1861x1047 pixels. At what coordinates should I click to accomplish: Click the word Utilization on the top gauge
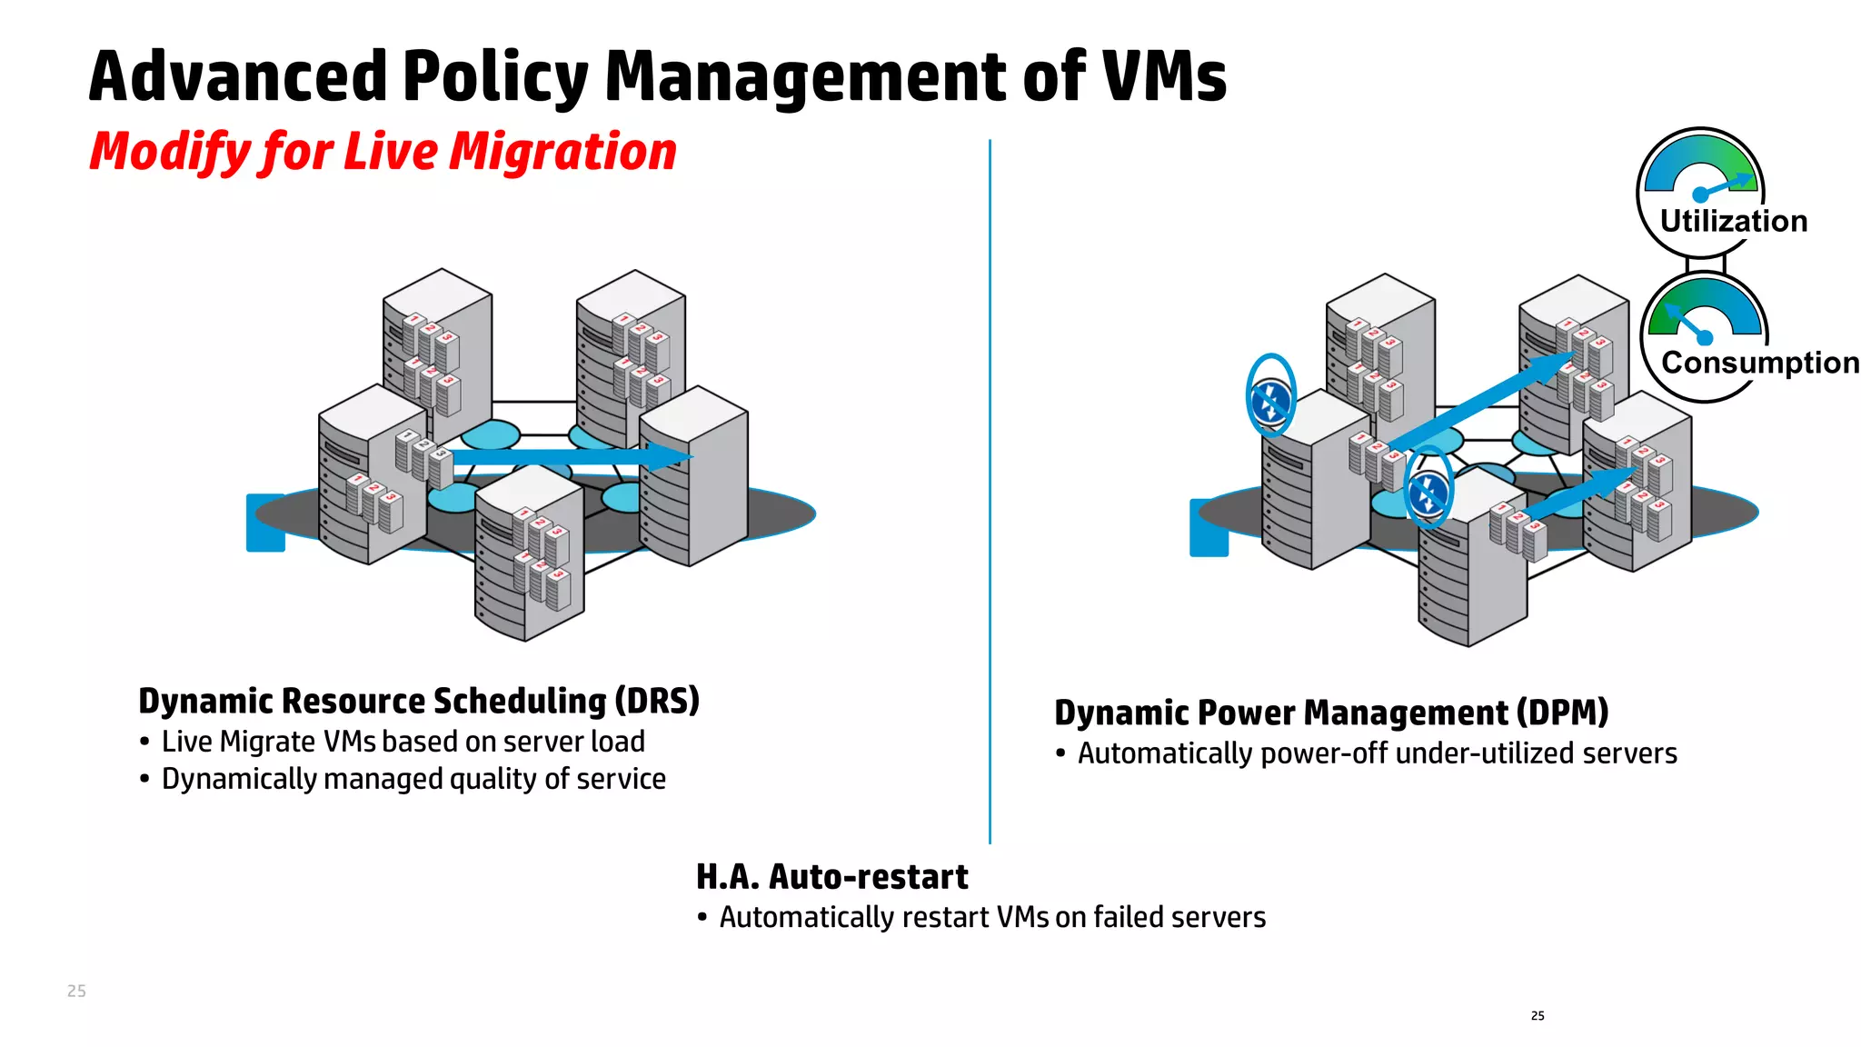[x=1733, y=221]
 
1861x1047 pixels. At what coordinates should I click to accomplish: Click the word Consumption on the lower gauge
[x=1759, y=363]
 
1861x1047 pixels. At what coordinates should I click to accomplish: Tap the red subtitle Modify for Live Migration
[x=383, y=151]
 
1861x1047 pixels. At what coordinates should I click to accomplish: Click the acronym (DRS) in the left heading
[x=657, y=701]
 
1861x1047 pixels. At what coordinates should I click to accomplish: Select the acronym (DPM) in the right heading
[x=1563, y=713]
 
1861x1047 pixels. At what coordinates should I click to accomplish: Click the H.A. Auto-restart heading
[x=831, y=877]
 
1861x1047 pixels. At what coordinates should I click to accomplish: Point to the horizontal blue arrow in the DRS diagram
[x=563, y=456]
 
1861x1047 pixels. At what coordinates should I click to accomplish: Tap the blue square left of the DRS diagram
[x=265, y=523]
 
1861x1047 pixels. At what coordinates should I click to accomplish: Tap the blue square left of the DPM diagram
[x=1209, y=528]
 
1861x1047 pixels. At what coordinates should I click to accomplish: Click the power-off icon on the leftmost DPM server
[x=1270, y=397]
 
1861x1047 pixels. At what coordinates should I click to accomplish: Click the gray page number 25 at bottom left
[x=76, y=991]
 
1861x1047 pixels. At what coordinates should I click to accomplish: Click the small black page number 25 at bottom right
[x=1538, y=1015]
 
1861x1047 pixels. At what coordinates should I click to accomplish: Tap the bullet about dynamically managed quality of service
[x=413, y=779]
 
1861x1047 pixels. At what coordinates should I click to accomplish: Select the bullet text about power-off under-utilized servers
[x=1377, y=753]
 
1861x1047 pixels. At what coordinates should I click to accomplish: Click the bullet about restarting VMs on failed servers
[x=992, y=917]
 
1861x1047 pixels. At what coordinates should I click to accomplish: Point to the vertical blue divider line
[x=990, y=491]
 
